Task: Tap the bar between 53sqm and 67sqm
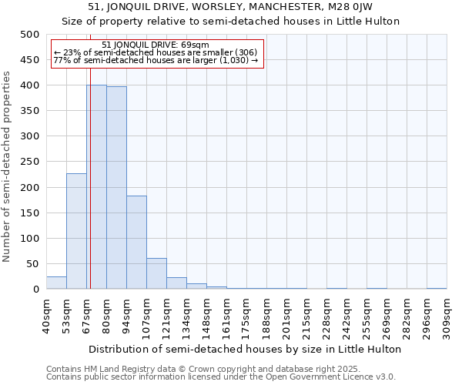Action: click(x=76, y=231)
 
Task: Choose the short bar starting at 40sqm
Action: click(x=56, y=283)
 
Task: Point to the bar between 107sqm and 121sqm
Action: click(x=156, y=273)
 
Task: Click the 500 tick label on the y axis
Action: click(x=30, y=35)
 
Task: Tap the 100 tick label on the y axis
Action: click(x=30, y=239)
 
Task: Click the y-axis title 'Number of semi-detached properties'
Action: click(x=7, y=166)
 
